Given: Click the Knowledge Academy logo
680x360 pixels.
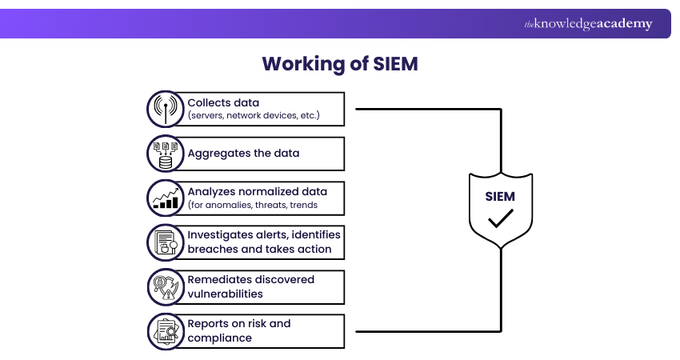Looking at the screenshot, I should point(588,24).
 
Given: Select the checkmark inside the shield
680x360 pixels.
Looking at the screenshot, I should point(501,218).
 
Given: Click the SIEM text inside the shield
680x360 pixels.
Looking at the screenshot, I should point(500,195).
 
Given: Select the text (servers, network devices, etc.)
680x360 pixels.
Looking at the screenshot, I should point(254,116).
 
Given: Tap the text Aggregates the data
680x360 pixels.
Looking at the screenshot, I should point(243,153).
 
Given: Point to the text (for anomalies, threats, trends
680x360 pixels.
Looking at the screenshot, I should point(253,205).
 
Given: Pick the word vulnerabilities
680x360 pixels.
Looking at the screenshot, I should point(224,294).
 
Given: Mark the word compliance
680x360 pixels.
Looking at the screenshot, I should point(219,338).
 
